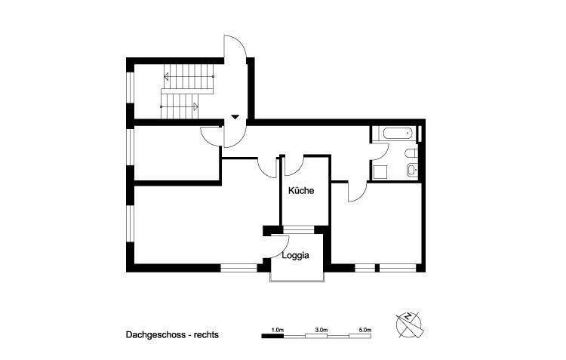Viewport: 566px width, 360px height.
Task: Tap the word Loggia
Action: [x=295, y=256]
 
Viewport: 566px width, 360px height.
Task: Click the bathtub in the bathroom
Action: [x=397, y=134]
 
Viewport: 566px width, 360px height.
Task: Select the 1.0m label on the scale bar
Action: [x=277, y=330]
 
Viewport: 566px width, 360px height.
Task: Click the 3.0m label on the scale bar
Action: [x=321, y=330]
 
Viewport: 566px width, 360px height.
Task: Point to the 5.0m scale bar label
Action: [x=365, y=330]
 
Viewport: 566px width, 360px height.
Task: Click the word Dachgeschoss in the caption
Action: [x=153, y=332]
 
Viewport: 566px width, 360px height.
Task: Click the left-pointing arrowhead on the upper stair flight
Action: [x=166, y=76]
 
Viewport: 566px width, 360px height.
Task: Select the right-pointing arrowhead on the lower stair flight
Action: [x=196, y=106]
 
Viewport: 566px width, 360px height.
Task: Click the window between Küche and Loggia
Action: [x=302, y=227]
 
